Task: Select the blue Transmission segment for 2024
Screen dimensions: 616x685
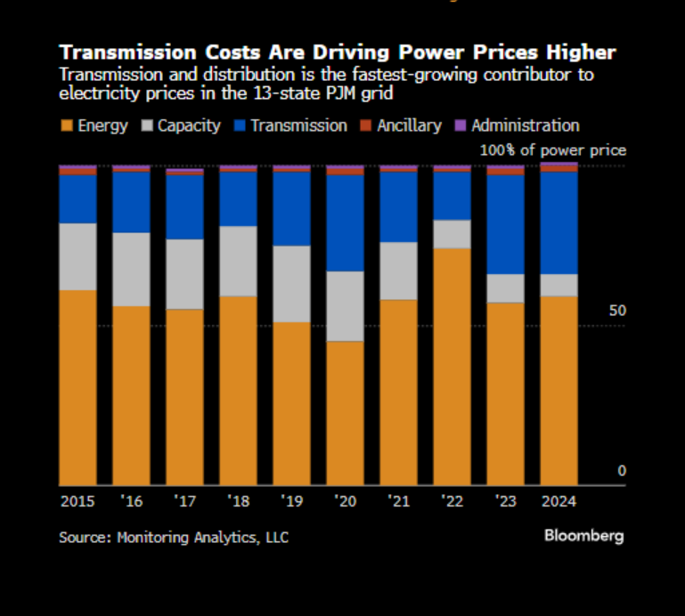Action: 559,223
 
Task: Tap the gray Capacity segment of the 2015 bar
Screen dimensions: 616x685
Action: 77,256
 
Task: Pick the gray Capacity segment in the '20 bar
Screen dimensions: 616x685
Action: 345,306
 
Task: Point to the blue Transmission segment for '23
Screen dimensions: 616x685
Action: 505,224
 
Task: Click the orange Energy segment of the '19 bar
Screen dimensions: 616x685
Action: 291,402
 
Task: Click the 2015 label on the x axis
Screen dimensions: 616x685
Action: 77,501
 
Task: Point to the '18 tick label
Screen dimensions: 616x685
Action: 238,501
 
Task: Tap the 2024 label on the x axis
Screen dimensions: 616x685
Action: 559,501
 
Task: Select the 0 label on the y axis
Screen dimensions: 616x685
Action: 622,471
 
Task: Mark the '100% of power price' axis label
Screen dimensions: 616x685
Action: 552,150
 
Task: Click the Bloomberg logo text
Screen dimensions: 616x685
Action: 584,536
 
